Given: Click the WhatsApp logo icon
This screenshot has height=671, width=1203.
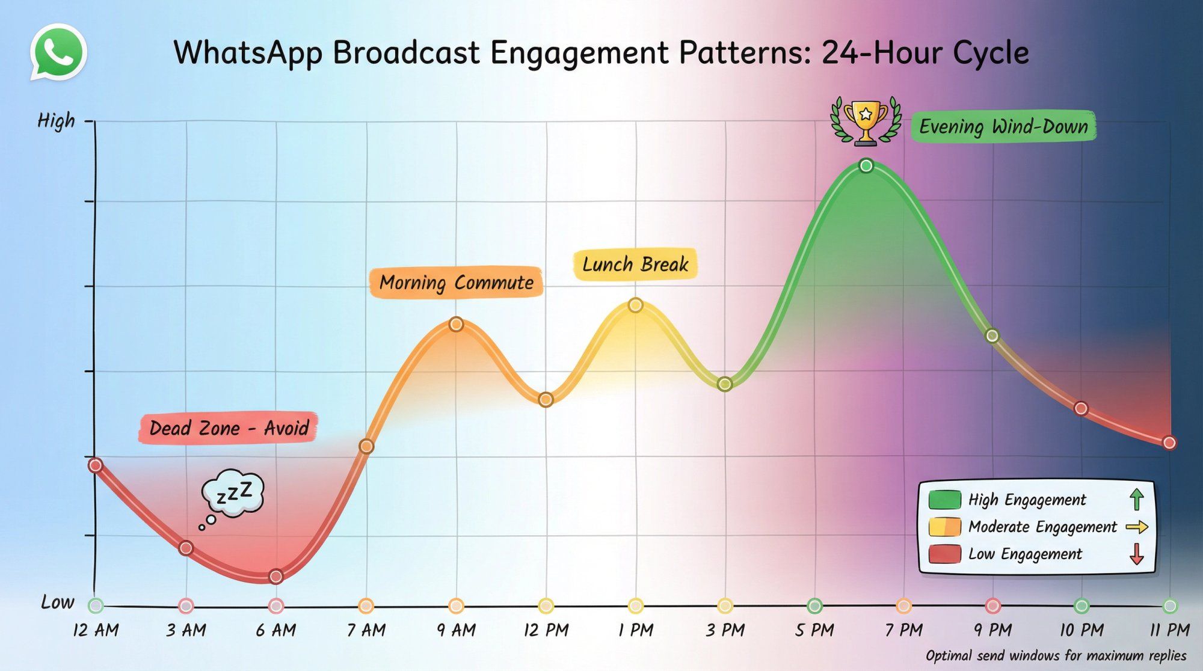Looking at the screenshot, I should click(x=58, y=52).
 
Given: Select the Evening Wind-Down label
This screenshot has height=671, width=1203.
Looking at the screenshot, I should click(x=1003, y=126).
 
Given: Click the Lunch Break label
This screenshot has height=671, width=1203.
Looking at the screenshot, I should click(x=635, y=265).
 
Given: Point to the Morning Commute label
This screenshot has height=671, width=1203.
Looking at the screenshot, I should click(x=457, y=283).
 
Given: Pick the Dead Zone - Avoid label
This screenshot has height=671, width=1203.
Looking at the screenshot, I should click(x=229, y=428).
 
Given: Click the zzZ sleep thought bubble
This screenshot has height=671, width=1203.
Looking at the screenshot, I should click(x=233, y=494).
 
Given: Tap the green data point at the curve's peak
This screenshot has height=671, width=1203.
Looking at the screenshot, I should click(x=866, y=165).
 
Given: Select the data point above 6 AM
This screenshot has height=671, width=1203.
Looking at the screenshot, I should click(x=276, y=577).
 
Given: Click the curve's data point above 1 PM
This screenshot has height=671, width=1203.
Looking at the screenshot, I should click(x=636, y=305).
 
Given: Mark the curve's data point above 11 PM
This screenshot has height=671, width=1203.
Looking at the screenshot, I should click(x=1169, y=443).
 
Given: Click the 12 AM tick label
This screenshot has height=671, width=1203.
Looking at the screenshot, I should click(x=96, y=630).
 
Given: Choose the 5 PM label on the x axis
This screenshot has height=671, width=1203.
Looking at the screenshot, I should click(x=814, y=630).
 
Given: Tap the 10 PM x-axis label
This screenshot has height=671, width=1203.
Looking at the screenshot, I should click(x=1081, y=630).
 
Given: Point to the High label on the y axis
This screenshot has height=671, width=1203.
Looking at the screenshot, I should click(x=56, y=121).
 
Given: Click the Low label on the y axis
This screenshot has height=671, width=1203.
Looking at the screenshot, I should click(x=58, y=602).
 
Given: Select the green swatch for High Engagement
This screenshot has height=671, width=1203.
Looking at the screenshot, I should click(x=944, y=500).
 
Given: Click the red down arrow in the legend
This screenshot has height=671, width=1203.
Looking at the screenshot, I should click(x=1136, y=554).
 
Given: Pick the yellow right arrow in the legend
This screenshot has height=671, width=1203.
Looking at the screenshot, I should click(x=1136, y=527).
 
